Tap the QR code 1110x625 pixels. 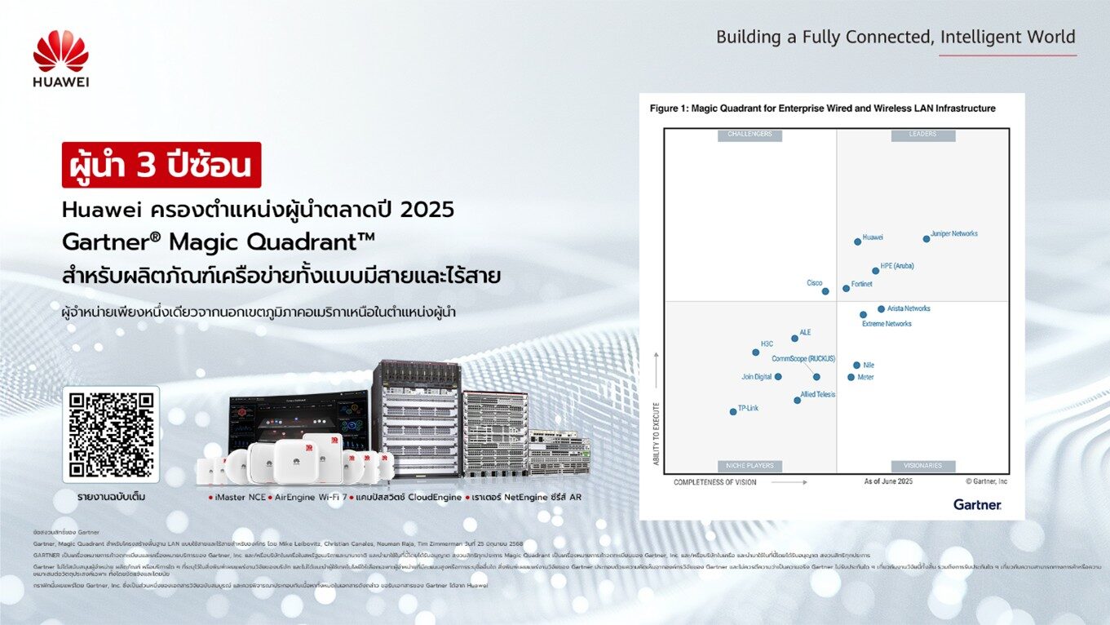coord(111,435)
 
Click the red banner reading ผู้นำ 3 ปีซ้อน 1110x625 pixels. coord(161,165)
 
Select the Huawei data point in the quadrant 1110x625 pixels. coord(857,242)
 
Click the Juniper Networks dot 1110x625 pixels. coord(926,239)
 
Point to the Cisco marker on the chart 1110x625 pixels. coord(825,291)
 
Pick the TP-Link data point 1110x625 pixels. coord(733,412)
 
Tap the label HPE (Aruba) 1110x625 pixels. coord(897,266)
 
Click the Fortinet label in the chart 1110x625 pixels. coord(861,284)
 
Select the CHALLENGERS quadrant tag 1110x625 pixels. coord(750,135)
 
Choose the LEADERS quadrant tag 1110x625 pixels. coord(922,135)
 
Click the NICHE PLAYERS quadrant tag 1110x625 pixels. coord(750,466)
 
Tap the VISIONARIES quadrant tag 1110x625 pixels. coord(922,466)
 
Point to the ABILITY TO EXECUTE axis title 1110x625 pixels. coord(656,433)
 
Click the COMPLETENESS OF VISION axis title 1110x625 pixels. coord(715,482)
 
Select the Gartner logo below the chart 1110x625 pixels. coord(977,505)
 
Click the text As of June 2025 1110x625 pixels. coord(888,482)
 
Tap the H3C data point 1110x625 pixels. coord(755,352)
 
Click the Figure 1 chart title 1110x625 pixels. coord(822,109)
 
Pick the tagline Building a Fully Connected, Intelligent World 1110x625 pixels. coord(896,37)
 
